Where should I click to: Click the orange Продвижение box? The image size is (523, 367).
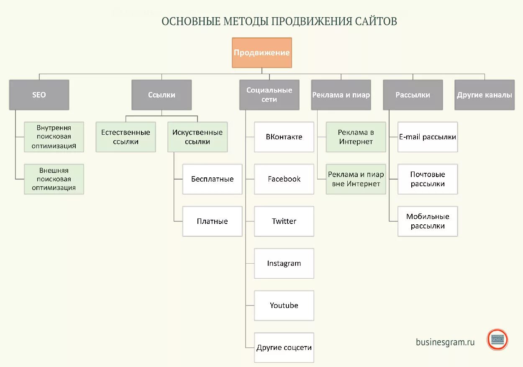262,53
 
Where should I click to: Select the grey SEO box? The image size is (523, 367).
39,95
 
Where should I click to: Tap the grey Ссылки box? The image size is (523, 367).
162,95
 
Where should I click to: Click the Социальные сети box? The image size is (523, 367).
269,95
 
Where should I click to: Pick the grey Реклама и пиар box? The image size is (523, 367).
341,95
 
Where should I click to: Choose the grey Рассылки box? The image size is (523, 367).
413,95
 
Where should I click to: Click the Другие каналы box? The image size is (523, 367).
485,95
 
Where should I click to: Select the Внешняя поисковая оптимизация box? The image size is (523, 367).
54,179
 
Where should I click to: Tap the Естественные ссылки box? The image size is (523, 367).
126,137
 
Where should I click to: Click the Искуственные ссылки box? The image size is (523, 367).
197,137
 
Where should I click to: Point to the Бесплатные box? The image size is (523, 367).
212,179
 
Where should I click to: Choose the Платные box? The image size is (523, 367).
212,221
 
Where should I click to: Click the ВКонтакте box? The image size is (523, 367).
284,137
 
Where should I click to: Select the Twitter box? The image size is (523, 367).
284,221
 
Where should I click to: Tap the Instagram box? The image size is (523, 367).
284,264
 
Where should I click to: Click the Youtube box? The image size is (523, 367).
284,305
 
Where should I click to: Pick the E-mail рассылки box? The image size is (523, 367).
428,137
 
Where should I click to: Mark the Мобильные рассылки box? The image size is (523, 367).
428,221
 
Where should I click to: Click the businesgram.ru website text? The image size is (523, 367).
445,342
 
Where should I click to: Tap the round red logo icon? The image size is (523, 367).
497,339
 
